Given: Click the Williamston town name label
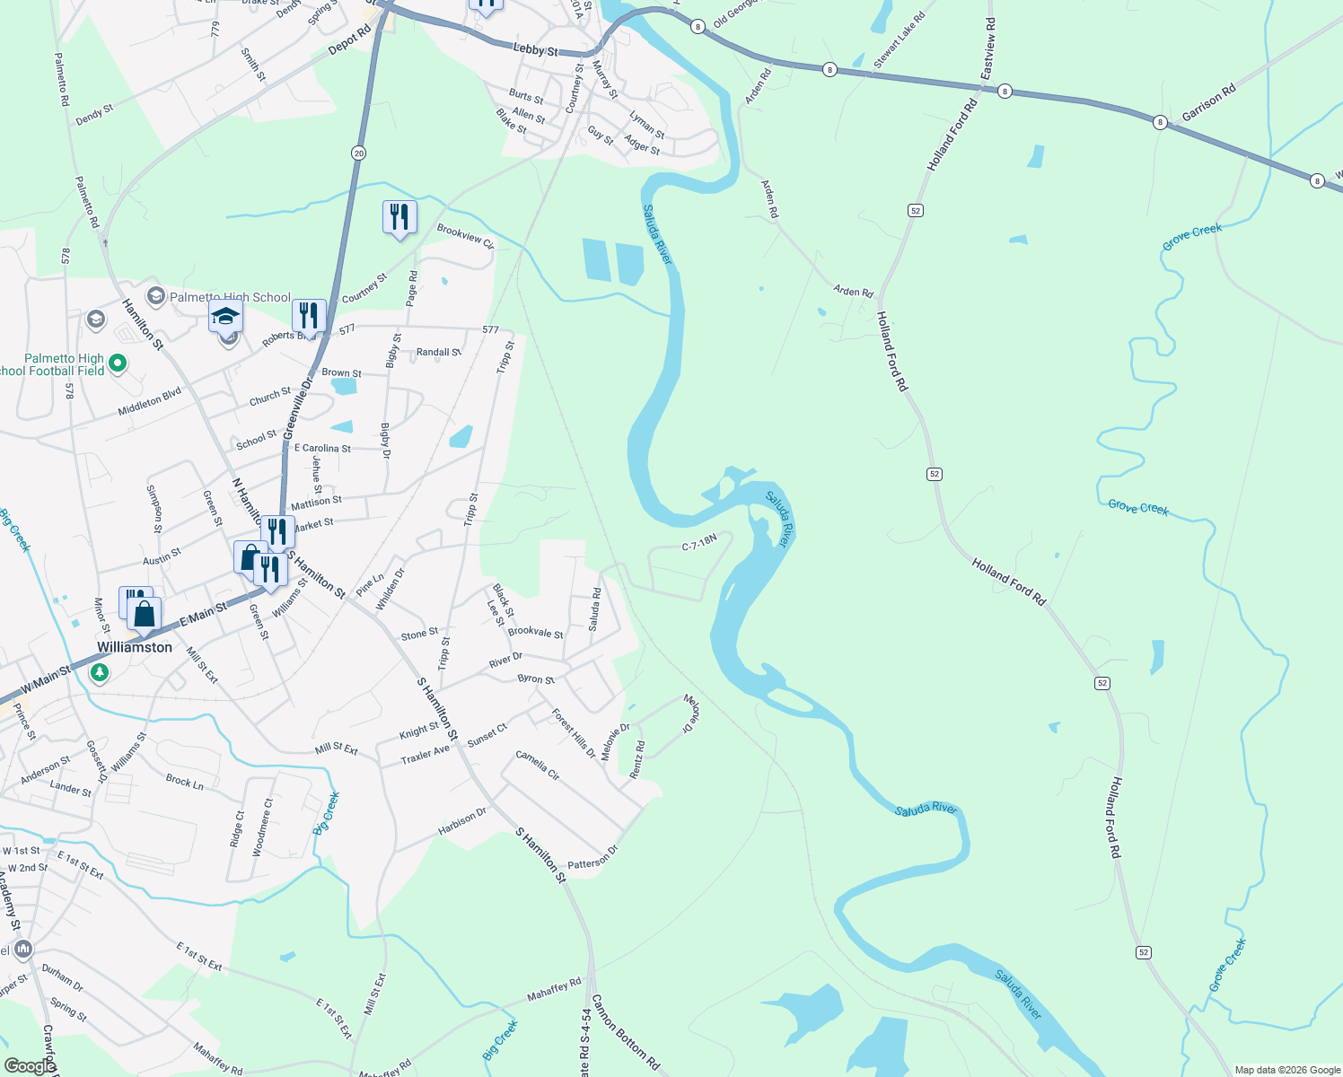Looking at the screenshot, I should tap(135, 647).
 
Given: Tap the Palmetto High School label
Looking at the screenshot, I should tap(230, 297).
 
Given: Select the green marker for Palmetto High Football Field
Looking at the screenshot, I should tap(118, 364).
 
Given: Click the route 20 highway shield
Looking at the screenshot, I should tap(359, 153).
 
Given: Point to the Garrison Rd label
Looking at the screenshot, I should tap(1208, 102).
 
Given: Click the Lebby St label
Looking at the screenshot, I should tap(535, 49).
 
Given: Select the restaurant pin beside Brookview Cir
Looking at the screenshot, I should tap(399, 217).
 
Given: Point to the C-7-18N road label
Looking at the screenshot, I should tap(699, 542).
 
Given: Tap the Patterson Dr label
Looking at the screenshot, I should tap(592, 857).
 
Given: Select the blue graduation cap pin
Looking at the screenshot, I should tap(225, 317).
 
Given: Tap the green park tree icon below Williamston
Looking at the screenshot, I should tap(100, 671).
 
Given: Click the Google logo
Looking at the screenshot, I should tap(30, 1065).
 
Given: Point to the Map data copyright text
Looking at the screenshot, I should tap(1286, 1070).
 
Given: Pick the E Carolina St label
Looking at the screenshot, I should tap(322, 448).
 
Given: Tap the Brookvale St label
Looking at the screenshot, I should tap(535, 632).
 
